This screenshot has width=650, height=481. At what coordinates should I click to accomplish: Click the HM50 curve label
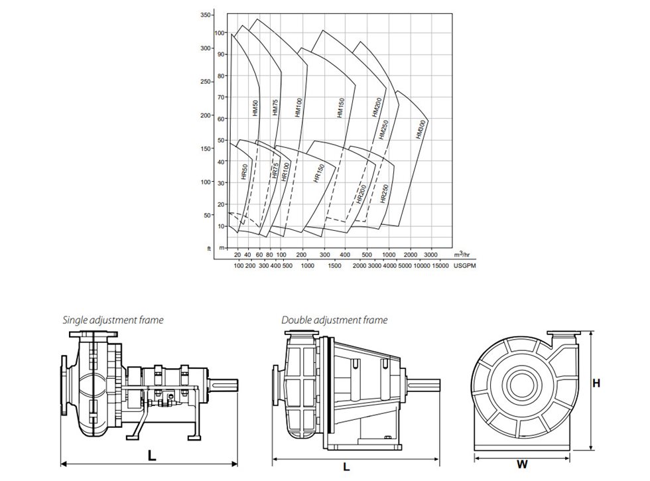point(255,108)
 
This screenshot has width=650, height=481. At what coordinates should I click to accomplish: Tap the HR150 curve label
point(318,172)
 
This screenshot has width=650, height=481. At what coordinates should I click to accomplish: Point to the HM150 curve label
point(340,108)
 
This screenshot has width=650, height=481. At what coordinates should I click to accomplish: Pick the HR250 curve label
point(384,193)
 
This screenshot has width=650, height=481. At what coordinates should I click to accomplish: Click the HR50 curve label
point(244,172)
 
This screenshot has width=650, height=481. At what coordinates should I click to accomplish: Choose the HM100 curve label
point(298,108)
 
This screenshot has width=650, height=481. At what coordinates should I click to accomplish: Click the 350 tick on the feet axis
point(206,15)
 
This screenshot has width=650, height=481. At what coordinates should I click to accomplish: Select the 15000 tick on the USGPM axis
point(440,266)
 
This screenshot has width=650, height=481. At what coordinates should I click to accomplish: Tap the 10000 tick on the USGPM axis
point(420,266)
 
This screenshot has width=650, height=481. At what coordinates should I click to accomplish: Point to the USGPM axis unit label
point(464,266)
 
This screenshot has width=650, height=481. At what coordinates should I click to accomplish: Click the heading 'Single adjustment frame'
point(113,320)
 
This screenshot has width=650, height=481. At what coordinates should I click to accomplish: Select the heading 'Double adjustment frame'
point(334,320)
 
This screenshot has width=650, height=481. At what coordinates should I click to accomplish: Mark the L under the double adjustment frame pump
point(346,467)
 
